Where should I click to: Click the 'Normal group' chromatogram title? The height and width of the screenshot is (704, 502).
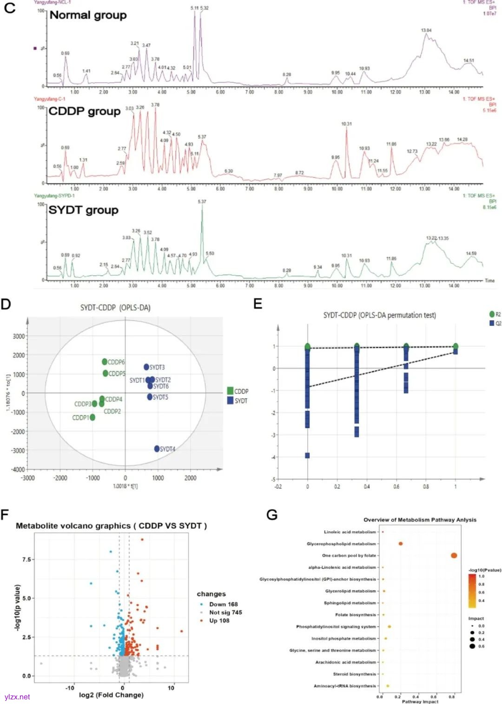(x=88, y=15)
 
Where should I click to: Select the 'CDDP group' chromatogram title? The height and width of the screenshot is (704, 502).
(x=84, y=112)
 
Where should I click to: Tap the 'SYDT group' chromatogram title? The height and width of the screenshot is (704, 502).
(x=83, y=210)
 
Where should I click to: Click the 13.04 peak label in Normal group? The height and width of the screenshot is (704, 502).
(x=426, y=31)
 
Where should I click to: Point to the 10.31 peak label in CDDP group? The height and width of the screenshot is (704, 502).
(x=346, y=124)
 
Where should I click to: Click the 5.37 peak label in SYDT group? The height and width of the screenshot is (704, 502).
(x=202, y=202)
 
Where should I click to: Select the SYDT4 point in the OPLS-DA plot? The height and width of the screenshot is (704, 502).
(x=157, y=448)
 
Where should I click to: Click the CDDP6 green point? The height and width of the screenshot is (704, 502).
(x=105, y=362)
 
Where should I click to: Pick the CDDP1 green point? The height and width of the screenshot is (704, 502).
(x=92, y=417)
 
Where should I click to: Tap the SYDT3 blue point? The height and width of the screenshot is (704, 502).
(x=146, y=367)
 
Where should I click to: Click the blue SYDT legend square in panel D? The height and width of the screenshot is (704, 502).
(x=230, y=401)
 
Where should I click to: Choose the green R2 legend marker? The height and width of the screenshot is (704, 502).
(x=492, y=315)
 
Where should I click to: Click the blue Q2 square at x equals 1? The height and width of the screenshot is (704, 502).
(x=456, y=352)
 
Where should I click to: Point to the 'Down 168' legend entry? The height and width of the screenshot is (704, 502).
(x=223, y=604)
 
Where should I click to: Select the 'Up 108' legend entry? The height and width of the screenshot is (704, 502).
(x=219, y=620)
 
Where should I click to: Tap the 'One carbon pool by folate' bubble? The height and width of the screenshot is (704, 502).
(x=454, y=555)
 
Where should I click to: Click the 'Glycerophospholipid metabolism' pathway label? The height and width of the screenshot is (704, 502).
(x=341, y=544)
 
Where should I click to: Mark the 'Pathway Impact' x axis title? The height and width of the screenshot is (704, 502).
(x=420, y=701)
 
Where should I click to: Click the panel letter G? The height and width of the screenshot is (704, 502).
(x=272, y=515)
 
